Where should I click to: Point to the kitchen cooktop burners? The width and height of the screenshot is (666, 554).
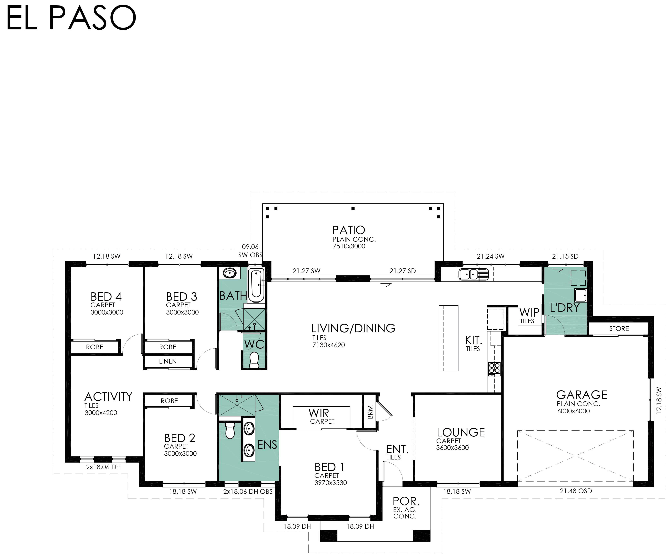pyautogui.click(x=494, y=369)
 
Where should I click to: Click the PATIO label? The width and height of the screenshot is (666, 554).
pyautogui.click(x=349, y=230)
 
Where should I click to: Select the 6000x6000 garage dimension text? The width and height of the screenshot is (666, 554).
pyautogui.click(x=573, y=411)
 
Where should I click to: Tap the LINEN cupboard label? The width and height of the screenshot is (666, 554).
pyautogui.click(x=168, y=361)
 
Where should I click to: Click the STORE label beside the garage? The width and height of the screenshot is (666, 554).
pyautogui.click(x=619, y=328)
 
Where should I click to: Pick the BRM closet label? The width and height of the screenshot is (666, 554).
pyautogui.click(x=370, y=412)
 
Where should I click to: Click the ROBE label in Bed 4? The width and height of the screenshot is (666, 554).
pyautogui.click(x=95, y=347)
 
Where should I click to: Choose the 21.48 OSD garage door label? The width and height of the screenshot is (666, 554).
pyautogui.click(x=576, y=491)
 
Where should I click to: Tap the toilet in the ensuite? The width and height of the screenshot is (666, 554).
pyautogui.click(x=230, y=430)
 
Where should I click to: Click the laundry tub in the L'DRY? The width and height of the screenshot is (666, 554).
pyautogui.click(x=580, y=295)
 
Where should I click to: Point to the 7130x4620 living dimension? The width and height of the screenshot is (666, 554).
pyautogui.click(x=329, y=345)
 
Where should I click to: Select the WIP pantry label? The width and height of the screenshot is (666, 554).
pyautogui.click(x=529, y=312)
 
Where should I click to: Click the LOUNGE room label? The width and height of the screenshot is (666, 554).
pyautogui.click(x=460, y=432)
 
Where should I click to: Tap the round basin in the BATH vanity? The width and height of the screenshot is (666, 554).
pyautogui.click(x=230, y=273)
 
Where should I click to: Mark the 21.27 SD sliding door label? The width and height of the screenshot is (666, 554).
pyautogui.click(x=402, y=271)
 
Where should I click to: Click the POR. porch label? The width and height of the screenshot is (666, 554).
pyautogui.click(x=406, y=501)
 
